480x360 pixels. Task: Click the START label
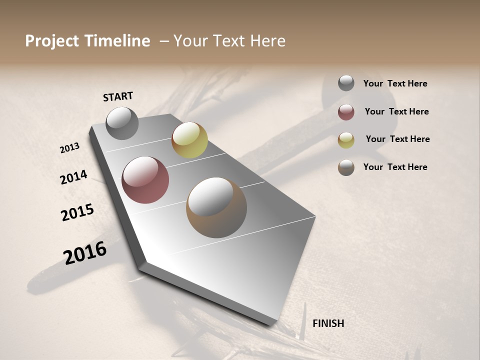click(118, 96)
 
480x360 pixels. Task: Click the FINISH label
click(328, 323)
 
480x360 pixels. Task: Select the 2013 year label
click(69, 148)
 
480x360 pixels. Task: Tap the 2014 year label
click(73, 177)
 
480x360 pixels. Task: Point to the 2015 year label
click(77, 212)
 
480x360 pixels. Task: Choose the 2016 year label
click(85, 253)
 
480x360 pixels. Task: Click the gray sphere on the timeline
click(122, 123)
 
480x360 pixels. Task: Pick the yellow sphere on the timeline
click(189, 140)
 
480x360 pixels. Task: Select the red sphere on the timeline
click(145, 180)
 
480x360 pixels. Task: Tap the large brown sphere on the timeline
click(216, 207)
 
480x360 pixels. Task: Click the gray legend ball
click(346, 83)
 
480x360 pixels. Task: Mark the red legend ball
click(346, 112)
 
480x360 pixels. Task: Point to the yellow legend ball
click(346, 140)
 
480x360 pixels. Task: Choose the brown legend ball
click(346, 167)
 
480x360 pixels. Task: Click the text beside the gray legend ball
click(395, 83)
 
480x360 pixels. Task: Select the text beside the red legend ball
click(396, 111)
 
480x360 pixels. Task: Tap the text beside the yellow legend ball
click(397, 139)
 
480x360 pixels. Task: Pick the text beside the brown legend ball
click(395, 167)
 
